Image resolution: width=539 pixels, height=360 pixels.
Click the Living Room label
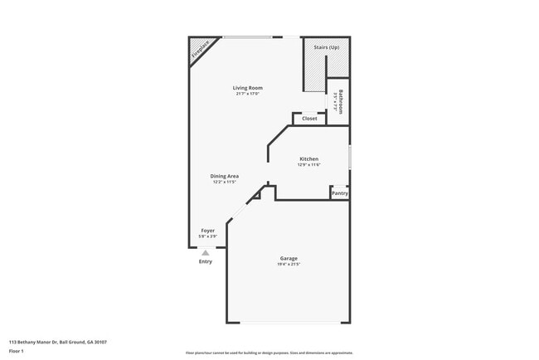click(247, 88)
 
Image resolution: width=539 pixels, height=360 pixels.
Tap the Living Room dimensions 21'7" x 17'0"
click(247, 94)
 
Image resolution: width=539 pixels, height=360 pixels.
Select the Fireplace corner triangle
click(198, 49)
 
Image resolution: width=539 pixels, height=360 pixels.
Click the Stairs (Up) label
click(326, 48)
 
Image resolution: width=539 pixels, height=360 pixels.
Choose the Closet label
click(309, 119)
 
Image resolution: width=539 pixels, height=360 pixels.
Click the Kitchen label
click(308, 159)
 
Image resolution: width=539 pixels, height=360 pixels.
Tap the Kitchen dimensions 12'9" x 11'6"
click(308, 165)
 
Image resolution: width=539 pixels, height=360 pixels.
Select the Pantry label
click(340, 193)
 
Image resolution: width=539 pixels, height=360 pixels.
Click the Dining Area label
click(224, 176)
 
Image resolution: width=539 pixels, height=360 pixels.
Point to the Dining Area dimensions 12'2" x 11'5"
click(224, 182)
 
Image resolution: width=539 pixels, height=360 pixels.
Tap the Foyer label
click(208, 231)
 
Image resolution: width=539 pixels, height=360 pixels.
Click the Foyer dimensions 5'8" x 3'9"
click(208, 236)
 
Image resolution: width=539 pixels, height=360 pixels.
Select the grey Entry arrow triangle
click(206, 253)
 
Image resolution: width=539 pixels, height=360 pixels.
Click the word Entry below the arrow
click(206, 261)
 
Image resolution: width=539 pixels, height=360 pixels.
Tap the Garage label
click(288, 259)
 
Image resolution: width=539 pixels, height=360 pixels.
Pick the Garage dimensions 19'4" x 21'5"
click(288, 265)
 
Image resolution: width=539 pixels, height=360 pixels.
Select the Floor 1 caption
click(17, 351)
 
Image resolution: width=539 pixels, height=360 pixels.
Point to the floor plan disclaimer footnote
click(269, 353)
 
